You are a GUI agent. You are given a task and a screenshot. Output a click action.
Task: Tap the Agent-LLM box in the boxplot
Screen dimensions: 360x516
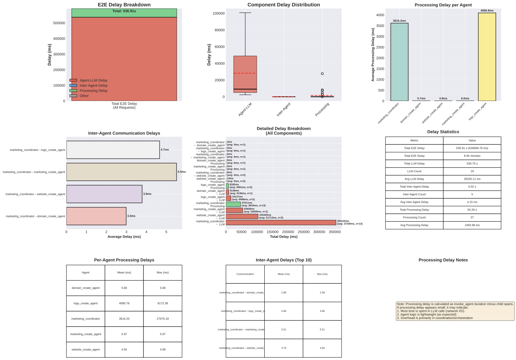245,74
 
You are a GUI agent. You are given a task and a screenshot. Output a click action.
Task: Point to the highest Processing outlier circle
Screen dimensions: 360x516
322,74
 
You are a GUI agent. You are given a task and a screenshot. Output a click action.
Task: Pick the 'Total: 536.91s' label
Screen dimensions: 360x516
124,11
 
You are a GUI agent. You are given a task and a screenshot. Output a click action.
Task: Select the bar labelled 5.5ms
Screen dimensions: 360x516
121,172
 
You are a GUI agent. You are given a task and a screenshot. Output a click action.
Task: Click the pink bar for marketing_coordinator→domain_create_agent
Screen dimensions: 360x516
96,216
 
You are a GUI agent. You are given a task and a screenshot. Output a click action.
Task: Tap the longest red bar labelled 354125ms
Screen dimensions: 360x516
281,223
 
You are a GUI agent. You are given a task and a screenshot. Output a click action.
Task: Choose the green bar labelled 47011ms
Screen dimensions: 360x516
233,204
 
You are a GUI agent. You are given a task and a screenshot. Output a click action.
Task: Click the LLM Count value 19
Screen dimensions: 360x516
472,171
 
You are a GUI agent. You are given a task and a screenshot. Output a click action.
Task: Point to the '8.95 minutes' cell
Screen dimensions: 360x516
472,156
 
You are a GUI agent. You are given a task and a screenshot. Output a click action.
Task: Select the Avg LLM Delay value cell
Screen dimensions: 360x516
472,179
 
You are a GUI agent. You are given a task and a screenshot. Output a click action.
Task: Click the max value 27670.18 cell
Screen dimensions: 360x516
163,319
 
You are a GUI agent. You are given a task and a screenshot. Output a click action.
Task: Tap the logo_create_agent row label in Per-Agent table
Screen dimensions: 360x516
86,303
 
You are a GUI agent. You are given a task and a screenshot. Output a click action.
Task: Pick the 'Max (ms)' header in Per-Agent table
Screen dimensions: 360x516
163,273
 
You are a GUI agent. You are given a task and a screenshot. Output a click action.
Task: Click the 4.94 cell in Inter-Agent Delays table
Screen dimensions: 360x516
322,348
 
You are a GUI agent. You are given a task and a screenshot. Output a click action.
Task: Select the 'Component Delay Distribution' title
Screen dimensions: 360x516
283,5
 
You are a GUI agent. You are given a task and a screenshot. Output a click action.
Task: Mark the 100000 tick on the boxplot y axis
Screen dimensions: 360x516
219,13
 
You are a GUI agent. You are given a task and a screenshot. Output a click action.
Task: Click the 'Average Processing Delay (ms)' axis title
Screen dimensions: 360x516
373,55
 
